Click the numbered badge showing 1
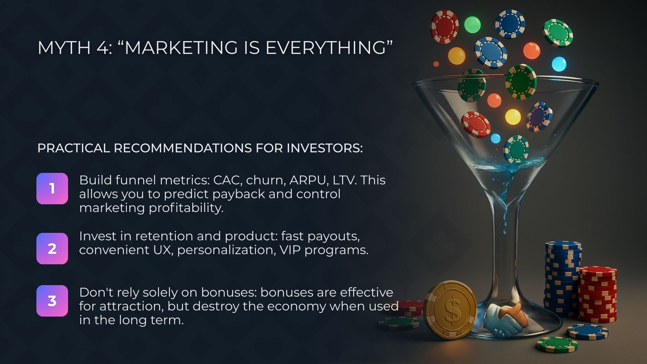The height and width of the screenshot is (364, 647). point(52,188)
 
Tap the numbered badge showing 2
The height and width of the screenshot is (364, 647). point(52,248)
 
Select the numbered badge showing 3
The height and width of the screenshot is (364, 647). point(52,301)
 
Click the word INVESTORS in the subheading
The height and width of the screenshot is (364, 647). point(324,148)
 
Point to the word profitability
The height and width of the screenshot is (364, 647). point(186,208)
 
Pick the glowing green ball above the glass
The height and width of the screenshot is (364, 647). point(472,24)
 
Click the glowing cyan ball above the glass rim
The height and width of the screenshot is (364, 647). point(559,64)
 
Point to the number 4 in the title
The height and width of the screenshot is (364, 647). point(102,48)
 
